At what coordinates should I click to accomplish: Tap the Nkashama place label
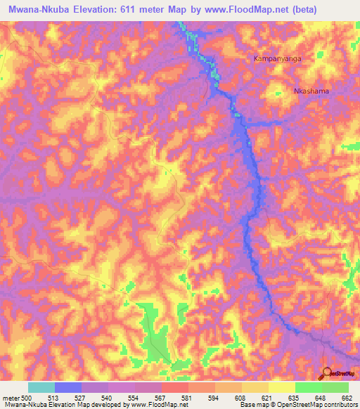(311, 91)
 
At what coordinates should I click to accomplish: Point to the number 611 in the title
(124, 9)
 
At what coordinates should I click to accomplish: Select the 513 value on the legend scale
(54, 397)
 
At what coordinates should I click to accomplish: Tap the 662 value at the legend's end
(347, 397)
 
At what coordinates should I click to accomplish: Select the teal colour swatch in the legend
(41, 387)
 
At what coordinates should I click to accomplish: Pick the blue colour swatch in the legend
(68, 387)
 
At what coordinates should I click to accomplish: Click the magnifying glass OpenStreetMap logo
(327, 372)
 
